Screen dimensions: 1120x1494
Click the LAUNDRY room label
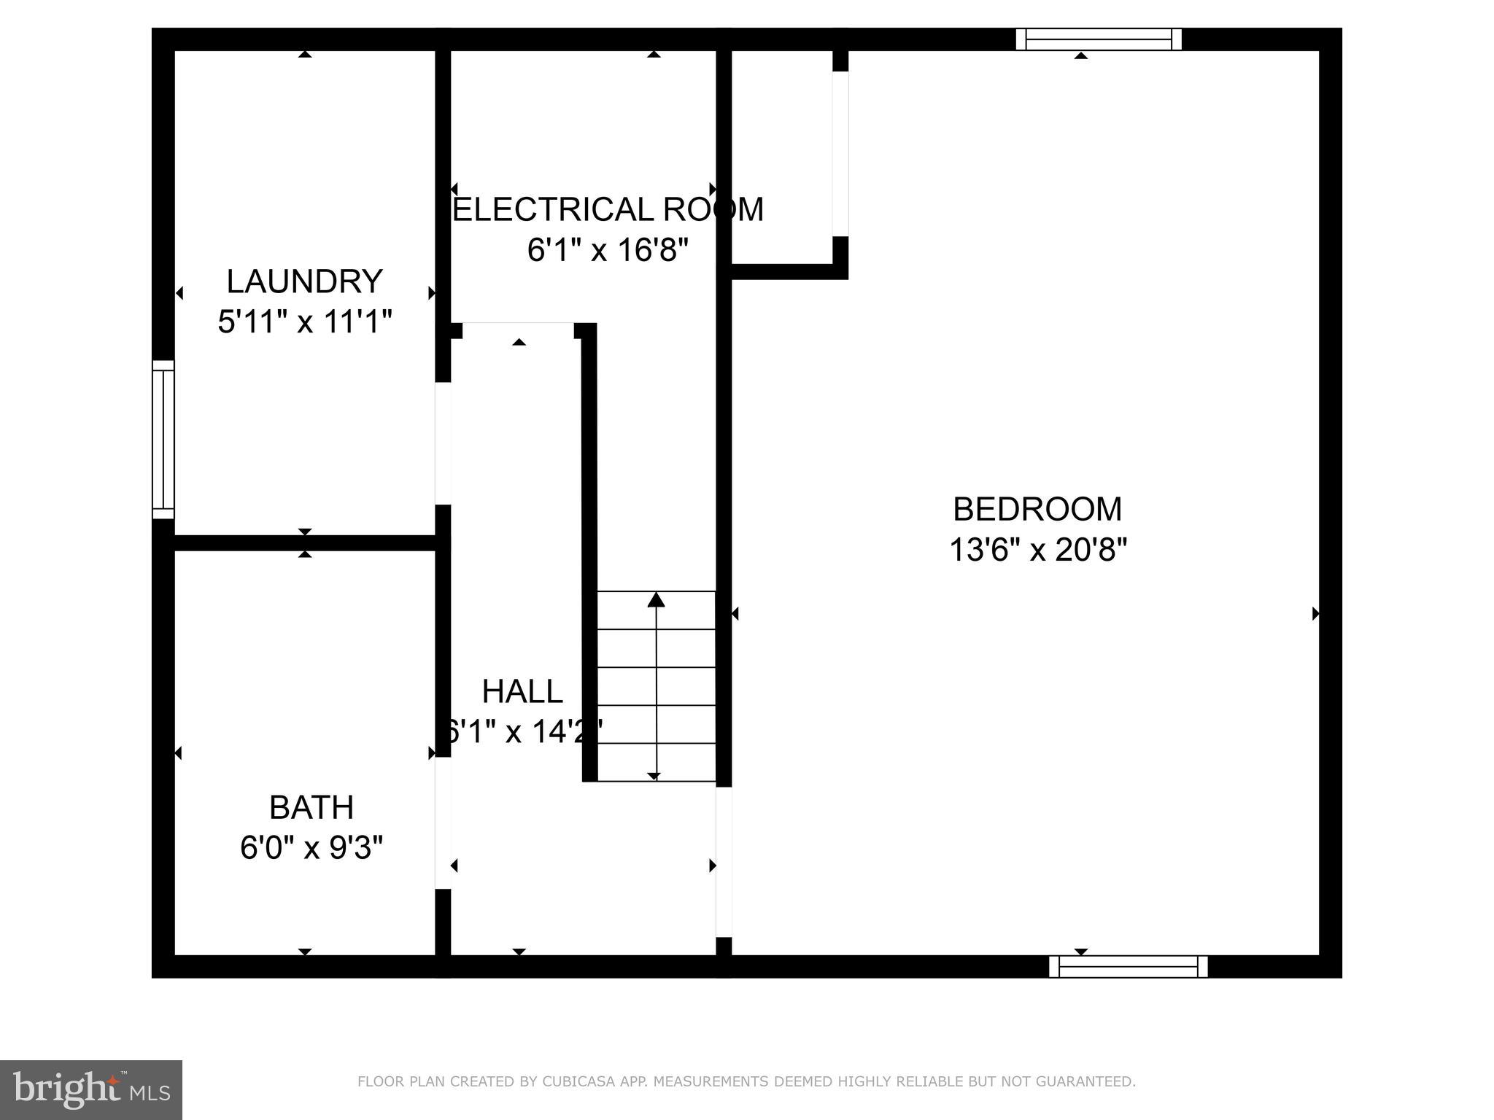304,281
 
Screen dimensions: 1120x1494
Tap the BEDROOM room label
1037,509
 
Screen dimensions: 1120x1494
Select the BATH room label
311,807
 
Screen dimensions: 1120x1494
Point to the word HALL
522,691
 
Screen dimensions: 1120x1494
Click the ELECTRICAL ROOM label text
608,210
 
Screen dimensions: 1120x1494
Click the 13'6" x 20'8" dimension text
1037,550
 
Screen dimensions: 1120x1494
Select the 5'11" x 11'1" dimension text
305,322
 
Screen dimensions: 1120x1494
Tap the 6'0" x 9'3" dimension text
311,848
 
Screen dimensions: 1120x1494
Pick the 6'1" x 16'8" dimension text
608,251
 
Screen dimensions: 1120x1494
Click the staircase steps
656,686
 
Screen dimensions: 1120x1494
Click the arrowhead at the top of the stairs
656,599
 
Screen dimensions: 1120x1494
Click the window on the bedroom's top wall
1099,39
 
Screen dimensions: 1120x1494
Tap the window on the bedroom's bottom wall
1128,966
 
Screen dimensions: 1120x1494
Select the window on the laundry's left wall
163,439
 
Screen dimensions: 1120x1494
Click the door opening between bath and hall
443,822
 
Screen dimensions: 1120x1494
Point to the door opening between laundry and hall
443,443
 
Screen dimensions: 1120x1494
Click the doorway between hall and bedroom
724,862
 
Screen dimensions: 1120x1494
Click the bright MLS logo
90,1090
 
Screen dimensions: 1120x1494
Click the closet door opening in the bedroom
840,154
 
